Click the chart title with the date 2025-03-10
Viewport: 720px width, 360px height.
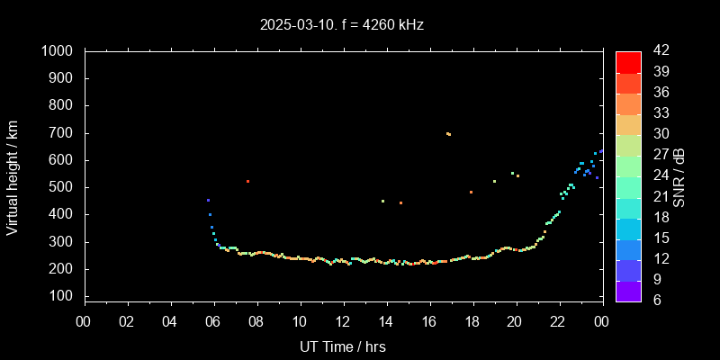(341, 25)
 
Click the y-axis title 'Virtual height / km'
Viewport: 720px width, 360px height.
(13, 176)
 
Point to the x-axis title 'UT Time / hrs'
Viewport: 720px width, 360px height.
(342, 346)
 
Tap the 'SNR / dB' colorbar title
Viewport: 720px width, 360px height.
(679, 176)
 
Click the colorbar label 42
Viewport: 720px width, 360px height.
(660, 51)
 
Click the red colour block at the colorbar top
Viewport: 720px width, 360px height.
(628, 61)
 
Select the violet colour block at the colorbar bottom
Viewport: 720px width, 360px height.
(628, 290)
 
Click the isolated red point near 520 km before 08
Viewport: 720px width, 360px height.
(247, 182)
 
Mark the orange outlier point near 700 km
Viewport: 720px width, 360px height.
(448, 134)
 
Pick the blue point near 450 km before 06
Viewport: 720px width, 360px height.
(208, 201)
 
